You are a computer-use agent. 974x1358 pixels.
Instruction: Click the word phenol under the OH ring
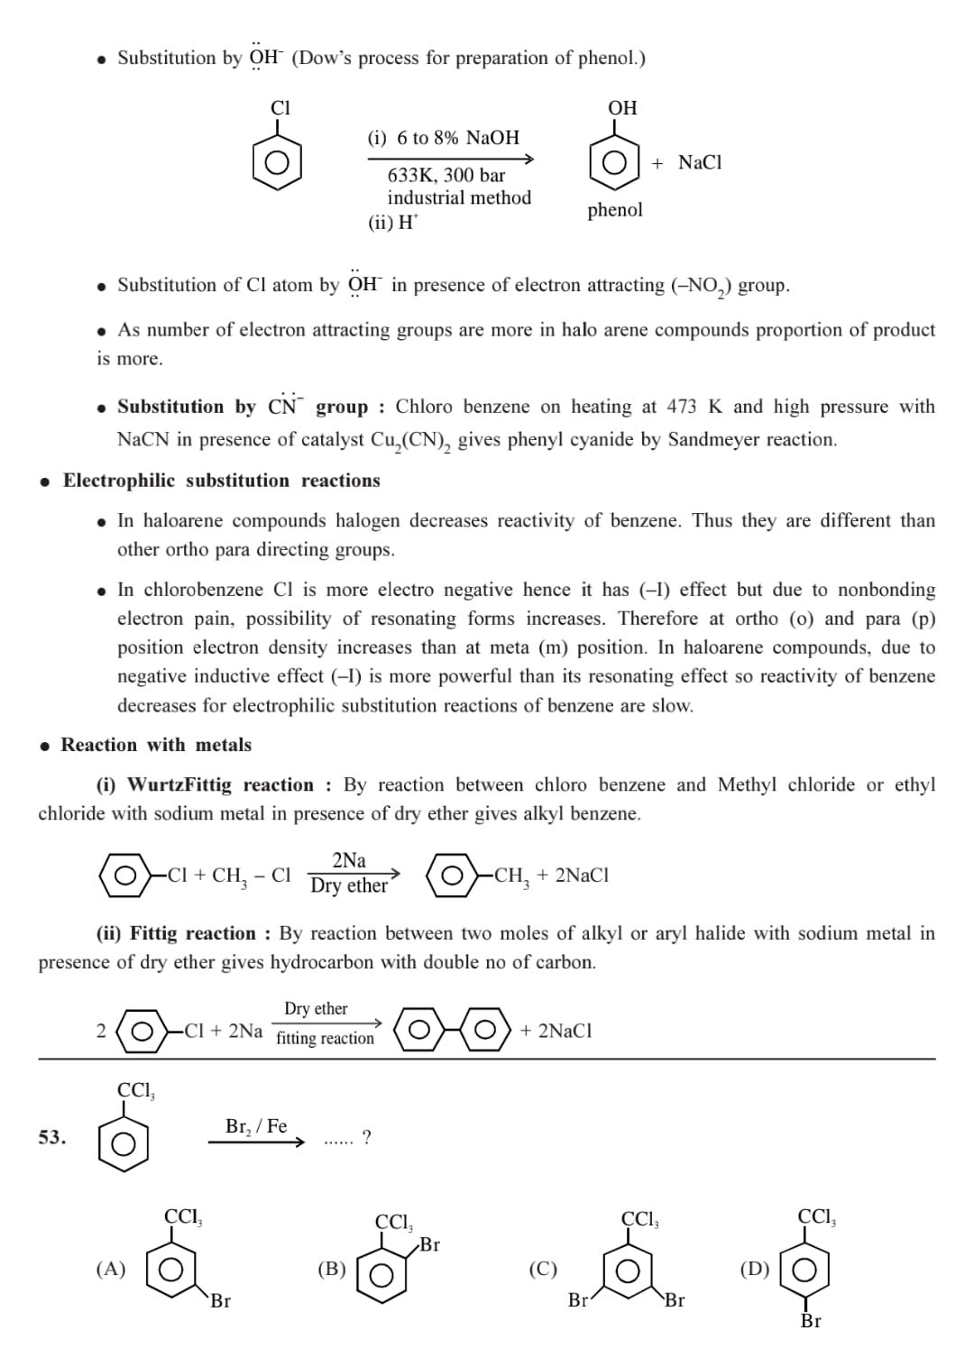coord(615,210)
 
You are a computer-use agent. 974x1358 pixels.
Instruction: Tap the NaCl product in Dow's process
coord(700,162)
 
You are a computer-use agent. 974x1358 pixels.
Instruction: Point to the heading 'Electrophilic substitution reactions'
coord(221,481)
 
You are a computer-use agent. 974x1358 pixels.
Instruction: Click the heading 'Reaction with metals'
coord(156,745)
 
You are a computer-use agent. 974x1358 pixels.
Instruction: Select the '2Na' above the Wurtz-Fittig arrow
coord(349,860)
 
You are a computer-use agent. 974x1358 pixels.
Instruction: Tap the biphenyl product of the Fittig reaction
coord(452,1030)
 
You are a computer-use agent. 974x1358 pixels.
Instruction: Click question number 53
coord(52,1138)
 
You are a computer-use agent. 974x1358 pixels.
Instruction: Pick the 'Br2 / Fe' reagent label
coord(256,1126)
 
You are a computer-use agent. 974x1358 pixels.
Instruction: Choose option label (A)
coord(111,1270)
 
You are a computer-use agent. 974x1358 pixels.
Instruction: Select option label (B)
coord(332,1270)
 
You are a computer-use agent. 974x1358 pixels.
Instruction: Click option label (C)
coord(543,1270)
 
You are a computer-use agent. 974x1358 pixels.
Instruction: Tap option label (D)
coord(755,1270)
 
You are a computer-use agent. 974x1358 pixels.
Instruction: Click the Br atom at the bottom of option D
coord(811,1321)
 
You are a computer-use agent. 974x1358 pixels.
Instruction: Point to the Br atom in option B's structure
coord(430,1245)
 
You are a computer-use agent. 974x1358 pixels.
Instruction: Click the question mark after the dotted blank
coord(366,1138)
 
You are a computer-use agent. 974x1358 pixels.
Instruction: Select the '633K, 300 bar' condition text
coord(446,175)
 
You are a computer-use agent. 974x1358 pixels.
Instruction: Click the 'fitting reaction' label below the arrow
coord(325,1039)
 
